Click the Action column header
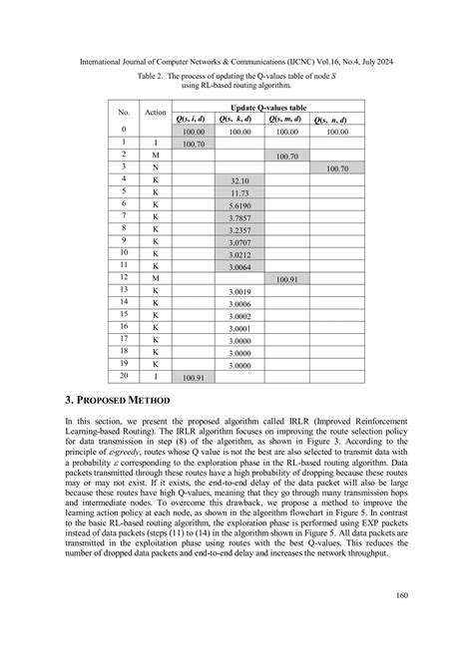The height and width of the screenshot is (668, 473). pyautogui.click(x=155, y=113)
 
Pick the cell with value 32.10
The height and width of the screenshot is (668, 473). pyautogui.click(x=238, y=180)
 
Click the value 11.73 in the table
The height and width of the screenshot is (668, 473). pyautogui.click(x=238, y=192)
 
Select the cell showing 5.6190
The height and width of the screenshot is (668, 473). pyautogui.click(x=238, y=204)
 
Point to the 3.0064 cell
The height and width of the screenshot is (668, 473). pyautogui.click(x=238, y=267)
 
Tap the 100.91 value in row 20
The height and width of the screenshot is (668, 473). pyautogui.click(x=193, y=379)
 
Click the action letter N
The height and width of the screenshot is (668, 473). pyautogui.click(x=155, y=167)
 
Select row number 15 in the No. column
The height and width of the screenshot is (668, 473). pyautogui.click(x=124, y=315)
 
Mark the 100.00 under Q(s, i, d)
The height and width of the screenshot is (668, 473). pyautogui.click(x=193, y=132)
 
